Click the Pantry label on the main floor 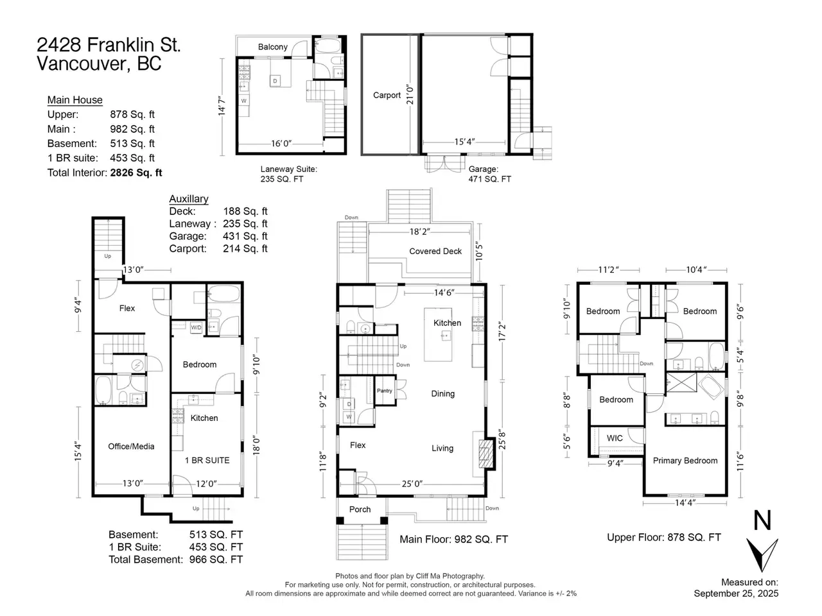tap(384, 391)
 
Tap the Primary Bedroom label tap(685, 461)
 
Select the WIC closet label tap(615, 438)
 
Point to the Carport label tap(387, 95)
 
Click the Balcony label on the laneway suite tap(273, 47)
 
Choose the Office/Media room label tap(131, 446)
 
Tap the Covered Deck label tap(435, 251)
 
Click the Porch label tap(360, 509)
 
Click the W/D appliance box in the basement tap(197, 327)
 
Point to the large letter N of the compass tap(762, 520)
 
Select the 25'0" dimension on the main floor tap(412, 484)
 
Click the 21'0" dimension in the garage tap(410, 94)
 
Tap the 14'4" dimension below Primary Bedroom tap(685, 502)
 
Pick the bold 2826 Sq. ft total tap(136, 173)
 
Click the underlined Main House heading tap(75, 100)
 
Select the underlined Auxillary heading tap(189, 199)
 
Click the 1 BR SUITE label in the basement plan tap(207, 460)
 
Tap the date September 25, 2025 tap(736, 593)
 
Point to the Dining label tap(442, 393)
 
